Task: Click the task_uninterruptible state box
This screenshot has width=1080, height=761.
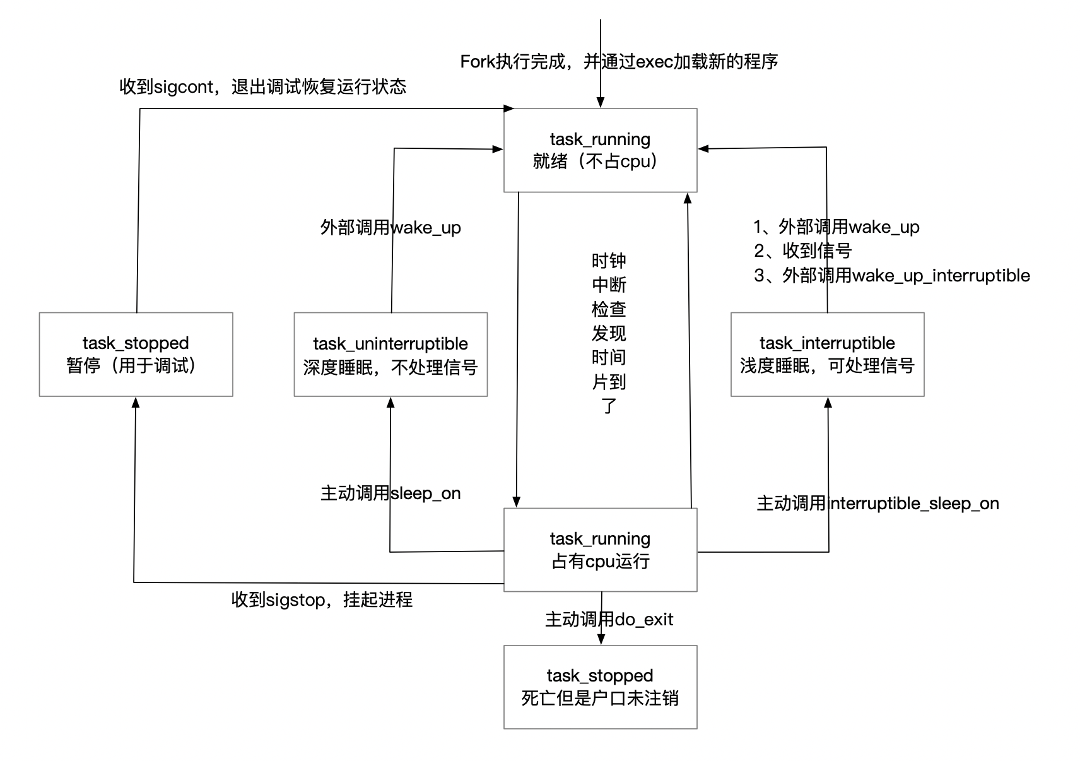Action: [390, 354]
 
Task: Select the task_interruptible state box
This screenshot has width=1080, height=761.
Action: [827, 354]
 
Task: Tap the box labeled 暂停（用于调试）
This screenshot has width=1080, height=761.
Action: [136, 354]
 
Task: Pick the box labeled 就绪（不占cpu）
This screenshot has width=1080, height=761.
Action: [600, 150]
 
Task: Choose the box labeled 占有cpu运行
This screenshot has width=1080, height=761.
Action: [600, 550]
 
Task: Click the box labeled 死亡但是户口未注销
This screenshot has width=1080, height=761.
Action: [600, 687]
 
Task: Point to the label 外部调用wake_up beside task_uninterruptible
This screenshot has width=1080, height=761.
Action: [390, 227]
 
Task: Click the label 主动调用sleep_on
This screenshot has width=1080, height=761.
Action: [390, 493]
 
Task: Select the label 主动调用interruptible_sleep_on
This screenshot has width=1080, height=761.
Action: [877, 504]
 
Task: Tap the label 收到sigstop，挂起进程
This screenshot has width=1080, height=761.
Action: [322, 599]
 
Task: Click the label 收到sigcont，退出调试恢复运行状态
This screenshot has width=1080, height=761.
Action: [262, 86]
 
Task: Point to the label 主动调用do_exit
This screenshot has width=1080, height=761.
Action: [609, 620]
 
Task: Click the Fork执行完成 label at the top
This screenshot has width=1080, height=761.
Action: [619, 62]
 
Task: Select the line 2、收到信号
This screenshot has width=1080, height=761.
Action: [802, 251]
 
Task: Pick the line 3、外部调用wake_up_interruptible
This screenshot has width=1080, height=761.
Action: [891, 276]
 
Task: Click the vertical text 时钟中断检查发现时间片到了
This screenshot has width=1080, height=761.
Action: [609, 333]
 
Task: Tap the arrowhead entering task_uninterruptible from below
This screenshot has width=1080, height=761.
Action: [390, 402]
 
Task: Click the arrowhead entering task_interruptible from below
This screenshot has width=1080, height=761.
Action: [828, 402]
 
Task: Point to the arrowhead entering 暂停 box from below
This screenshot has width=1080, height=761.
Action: [135, 402]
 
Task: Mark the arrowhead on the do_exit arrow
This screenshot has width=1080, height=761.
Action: [601, 639]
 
